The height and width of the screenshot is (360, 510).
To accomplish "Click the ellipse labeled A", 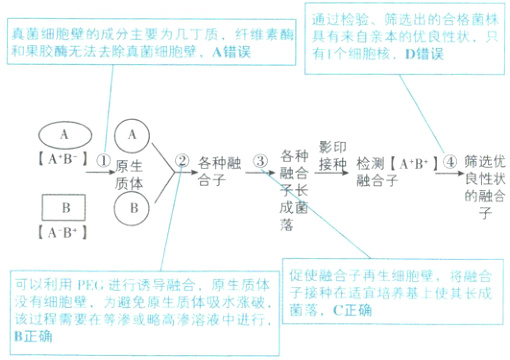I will tap(65, 133).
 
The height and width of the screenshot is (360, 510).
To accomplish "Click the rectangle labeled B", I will tap(65, 208).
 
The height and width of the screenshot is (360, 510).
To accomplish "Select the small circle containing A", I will tap(132, 133).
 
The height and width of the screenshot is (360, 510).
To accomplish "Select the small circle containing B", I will tap(132, 208).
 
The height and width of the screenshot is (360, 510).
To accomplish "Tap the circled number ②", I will tap(181, 160).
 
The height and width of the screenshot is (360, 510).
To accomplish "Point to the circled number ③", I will tap(260, 160).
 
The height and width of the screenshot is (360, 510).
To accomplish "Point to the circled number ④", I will tap(451, 160).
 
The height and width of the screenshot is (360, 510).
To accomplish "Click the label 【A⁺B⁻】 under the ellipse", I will tap(65, 159).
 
